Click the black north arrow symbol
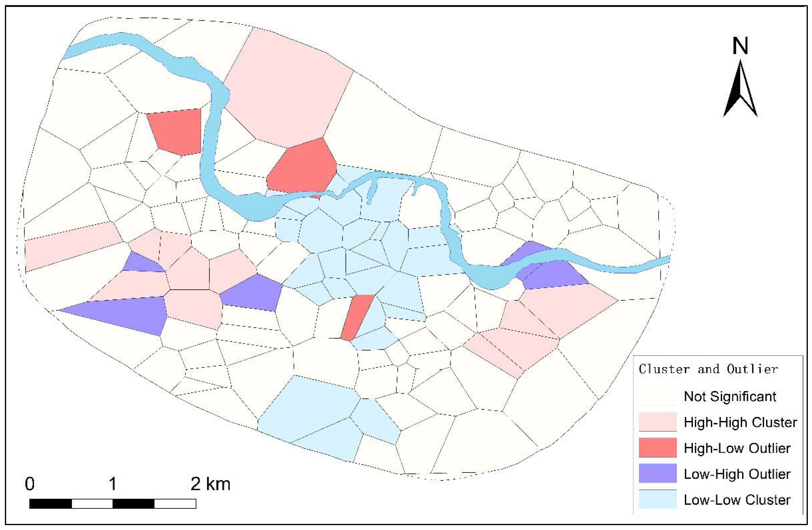tap(740, 90)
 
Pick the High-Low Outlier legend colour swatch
tap(657, 448)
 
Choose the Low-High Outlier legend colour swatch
tap(657, 473)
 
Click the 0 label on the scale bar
tap(30, 484)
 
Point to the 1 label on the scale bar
tap(113, 484)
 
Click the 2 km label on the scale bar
tap(211, 484)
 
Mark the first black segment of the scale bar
tap(51, 504)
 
